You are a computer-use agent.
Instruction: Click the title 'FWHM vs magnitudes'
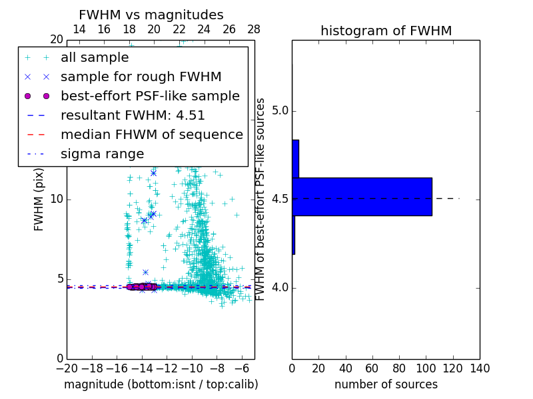pos(151,15)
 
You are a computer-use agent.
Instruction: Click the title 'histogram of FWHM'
pos(386,31)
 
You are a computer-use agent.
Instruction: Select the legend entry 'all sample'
pos(95,58)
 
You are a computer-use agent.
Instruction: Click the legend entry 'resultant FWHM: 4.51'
pos(133,116)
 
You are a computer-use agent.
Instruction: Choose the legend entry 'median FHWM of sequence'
pos(151,135)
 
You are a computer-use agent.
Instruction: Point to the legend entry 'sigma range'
pos(102,154)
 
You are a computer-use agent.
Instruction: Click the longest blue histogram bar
pos(362,197)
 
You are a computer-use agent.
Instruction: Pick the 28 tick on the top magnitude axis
pos(254,29)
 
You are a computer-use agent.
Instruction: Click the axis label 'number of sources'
pos(386,385)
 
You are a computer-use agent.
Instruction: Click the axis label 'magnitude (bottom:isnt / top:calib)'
pos(161,385)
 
